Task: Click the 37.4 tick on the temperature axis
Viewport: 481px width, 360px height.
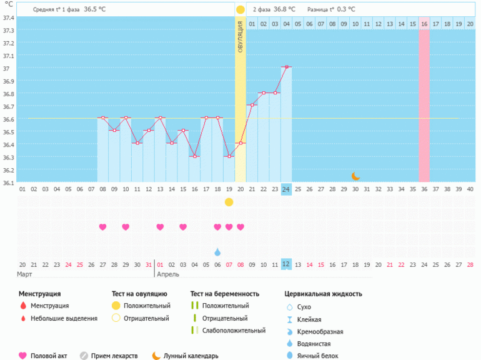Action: coord(8,17)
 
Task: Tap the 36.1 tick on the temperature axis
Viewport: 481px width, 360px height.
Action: coord(8,183)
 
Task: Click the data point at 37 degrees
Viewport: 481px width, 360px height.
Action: coord(286,67)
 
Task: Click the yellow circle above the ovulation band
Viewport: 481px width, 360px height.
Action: coord(241,10)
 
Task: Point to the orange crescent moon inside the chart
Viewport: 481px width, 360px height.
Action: coord(355,176)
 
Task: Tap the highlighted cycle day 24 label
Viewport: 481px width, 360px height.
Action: coord(286,189)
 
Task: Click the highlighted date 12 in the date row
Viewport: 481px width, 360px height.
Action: coord(286,264)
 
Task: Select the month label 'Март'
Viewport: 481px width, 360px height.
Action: coord(25,274)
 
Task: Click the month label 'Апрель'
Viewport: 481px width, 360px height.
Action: coord(167,274)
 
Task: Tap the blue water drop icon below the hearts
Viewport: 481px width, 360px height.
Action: coord(217,252)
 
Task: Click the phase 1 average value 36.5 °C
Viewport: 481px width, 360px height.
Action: coord(95,10)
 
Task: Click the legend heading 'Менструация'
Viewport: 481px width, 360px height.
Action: coord(39,294)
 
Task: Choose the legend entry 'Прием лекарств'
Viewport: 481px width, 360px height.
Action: coord(114,356)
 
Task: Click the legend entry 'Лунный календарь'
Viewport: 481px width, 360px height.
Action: coord(191,356)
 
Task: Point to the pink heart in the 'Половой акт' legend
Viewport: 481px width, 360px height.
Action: coord(22,356)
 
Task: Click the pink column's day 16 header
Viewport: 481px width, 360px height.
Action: coord(424,24)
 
